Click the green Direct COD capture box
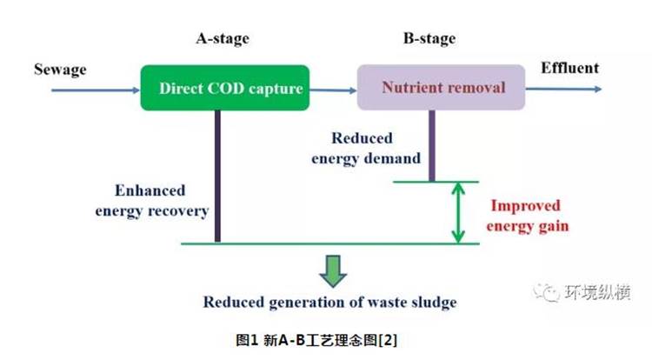point(225,88)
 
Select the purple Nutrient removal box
point(441,87)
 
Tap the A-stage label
point(223,38)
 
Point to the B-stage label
point(429,38)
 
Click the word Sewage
point(60,70)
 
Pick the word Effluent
point(569,68)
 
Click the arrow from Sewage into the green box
point(96,90)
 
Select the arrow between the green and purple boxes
point(334,90)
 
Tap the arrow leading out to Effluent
point(563,89)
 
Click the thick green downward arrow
point(333,271)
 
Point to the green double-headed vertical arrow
point(458,212)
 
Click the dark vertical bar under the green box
point(217,176)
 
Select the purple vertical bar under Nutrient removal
point(432,145)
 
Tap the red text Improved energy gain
point(528,216)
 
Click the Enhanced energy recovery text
point(152,201)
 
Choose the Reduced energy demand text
point(366,149)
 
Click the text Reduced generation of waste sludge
point(329,303)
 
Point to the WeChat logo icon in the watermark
point(547,292)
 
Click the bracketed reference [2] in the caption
point(388,341)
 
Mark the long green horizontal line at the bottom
point(330,243)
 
